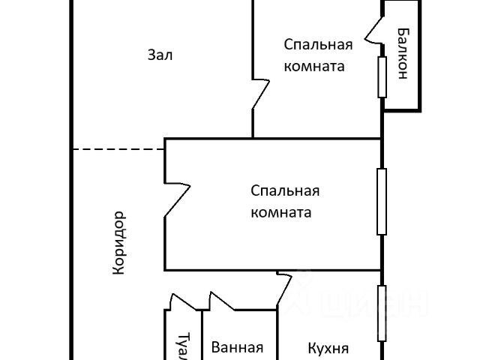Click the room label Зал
(x=160, y=55)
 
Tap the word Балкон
(x=403, y=53)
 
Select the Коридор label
(x=118, y=244)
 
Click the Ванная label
(x=237, y=347)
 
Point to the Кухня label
(x=328, y=348)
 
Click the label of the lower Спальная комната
(x=281, y=201)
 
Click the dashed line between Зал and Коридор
(x=118, y=149)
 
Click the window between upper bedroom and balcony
(x=382, y=76)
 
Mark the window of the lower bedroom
(x=382, y=201)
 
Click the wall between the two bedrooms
(x=315, y=139)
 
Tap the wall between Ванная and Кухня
(x=277, y=334)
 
